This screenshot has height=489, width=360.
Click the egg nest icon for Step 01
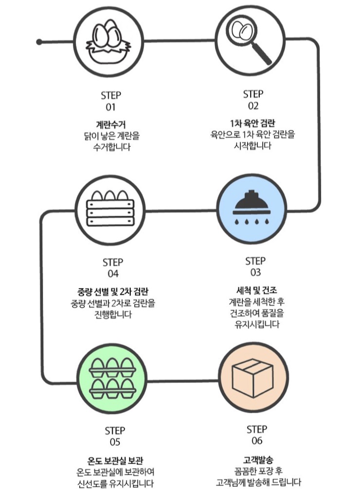click(111, 41)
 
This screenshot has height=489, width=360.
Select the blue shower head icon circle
click(252, 210)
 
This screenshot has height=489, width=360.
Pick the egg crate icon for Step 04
click(111, 210)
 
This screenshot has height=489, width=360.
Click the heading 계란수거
click(111, 123)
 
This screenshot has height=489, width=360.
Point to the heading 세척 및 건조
click(255, 290)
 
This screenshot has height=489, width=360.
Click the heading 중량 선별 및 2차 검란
click(113, 292)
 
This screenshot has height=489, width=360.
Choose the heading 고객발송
click(257, 459)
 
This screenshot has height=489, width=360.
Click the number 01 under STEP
click(111, 107)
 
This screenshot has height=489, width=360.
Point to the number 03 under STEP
click(255, 273)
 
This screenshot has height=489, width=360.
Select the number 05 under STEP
click(115, 442)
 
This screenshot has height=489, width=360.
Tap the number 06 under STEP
click(257, 441)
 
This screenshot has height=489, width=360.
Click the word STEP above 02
click(253, 94)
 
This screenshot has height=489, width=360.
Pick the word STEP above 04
click(113, 262)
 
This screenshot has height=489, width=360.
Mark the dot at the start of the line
click(39, 42)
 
